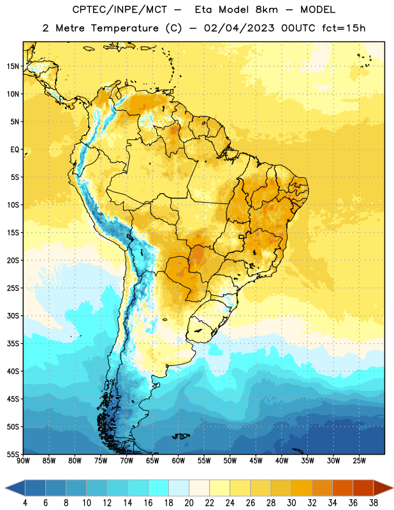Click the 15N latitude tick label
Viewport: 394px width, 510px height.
tap(13, 66)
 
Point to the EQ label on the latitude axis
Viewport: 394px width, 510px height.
tap(15, 150)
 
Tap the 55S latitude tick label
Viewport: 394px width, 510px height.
tap(13, 454)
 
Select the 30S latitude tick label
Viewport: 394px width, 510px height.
tap(13, 316)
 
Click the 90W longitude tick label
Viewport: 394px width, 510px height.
tap(23, 461)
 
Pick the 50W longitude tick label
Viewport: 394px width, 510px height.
tap(230, 461)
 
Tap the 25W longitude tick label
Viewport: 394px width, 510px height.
tap(359, 461)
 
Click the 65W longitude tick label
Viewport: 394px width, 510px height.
tap(152, 461)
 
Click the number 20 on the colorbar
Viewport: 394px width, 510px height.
tap(189, 503)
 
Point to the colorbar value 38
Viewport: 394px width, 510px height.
tap(374, 503)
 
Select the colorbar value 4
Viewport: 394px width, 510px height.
tap(25, 503)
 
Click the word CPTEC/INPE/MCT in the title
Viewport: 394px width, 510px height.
tap(120, 10)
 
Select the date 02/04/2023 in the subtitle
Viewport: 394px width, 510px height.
tap(239, 28)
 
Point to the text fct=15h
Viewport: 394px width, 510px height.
tap(344, 28)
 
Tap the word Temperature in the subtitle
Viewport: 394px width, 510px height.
tap(124, 29)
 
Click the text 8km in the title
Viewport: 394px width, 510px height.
tap(266, 10)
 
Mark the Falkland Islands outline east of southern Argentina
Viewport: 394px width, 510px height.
tap(181, 436)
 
